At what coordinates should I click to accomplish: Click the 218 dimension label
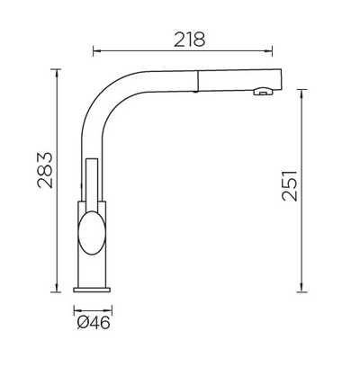190,40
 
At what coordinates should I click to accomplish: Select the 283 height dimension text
45,170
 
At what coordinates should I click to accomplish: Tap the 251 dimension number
290,186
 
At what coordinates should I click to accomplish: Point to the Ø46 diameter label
94,323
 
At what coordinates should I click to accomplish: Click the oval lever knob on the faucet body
92,233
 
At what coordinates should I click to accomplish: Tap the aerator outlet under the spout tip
263,91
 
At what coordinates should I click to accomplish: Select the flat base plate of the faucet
92,290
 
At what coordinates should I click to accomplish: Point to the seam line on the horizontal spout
197,80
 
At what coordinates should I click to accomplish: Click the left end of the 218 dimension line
94,50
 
